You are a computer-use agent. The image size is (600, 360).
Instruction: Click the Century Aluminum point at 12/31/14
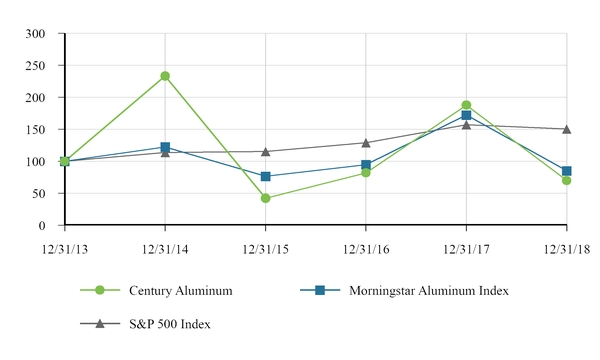pos(165,76)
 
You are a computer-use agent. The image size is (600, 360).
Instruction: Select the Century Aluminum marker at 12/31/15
pos(265,198)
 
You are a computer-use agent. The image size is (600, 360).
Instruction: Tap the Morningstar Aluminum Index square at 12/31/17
pos(466,116)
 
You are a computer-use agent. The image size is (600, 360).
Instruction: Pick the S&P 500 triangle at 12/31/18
pos(566,129)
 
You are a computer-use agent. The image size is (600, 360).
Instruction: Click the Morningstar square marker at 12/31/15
pos(265,177)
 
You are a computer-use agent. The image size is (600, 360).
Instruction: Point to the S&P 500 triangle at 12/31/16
pos(366,143)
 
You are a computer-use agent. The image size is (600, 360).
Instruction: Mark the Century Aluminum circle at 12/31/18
pos(566,180)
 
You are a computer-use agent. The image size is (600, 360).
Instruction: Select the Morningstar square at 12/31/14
pos(165,148)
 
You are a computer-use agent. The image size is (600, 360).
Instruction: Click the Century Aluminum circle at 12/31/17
pos(466,105)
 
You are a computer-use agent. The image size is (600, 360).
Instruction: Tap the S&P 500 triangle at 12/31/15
pos(265,151)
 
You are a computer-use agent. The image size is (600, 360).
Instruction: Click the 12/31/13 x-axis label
pos(65,243)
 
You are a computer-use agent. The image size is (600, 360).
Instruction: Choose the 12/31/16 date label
pos(366,243)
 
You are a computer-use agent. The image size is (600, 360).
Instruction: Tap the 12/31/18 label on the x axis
pos(566,243)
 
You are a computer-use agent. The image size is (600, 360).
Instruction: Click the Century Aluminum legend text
pos(181,290)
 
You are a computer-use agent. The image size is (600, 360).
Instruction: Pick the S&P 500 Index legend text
pos(170,324)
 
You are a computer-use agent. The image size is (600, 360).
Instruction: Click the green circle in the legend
pos(100,290)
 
